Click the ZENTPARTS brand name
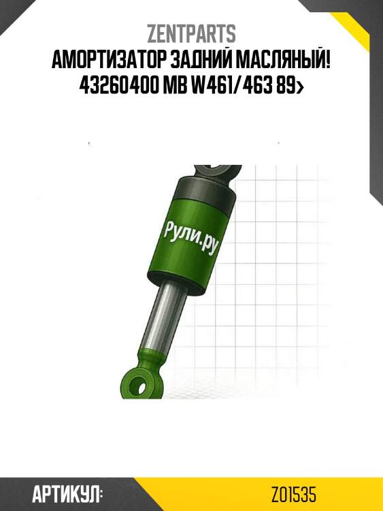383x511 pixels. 191,33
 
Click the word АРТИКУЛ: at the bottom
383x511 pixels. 67,494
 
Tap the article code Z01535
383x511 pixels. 293,494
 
